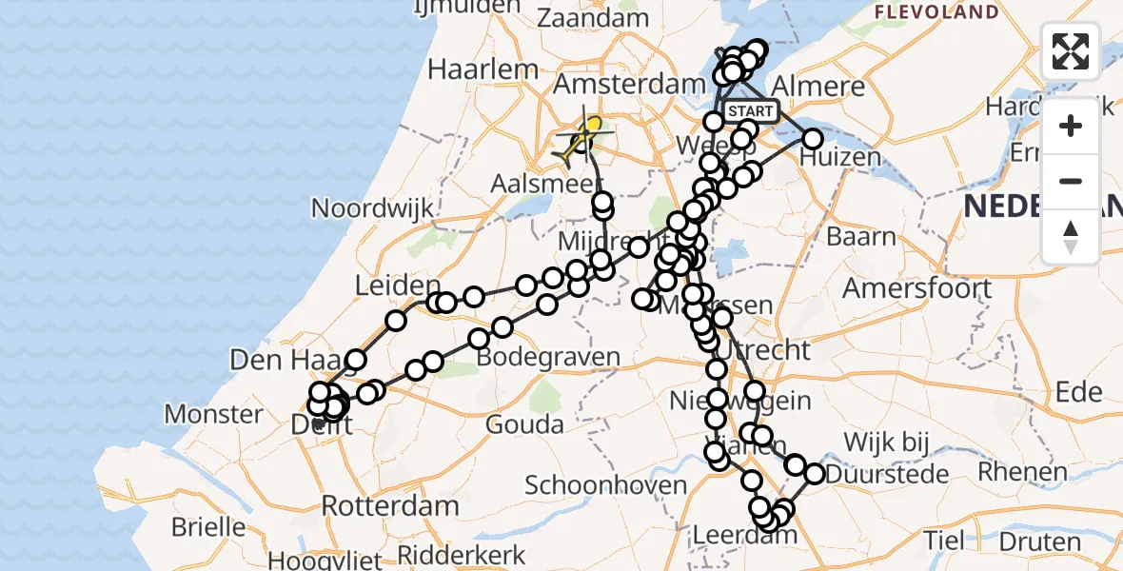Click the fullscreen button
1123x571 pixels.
(1071, 51)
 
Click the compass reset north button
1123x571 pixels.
(1071, 237)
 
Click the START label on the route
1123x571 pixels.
(752, 111)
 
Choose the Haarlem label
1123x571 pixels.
(483, 69)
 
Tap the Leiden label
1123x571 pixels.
(398, 285)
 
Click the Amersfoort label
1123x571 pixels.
(916, 287)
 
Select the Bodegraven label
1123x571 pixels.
(549, 358)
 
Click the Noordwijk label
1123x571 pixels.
(373, 208)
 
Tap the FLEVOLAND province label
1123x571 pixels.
(936, 12)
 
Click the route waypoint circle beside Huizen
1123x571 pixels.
(812, 139)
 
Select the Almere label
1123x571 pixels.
(820, 87)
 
